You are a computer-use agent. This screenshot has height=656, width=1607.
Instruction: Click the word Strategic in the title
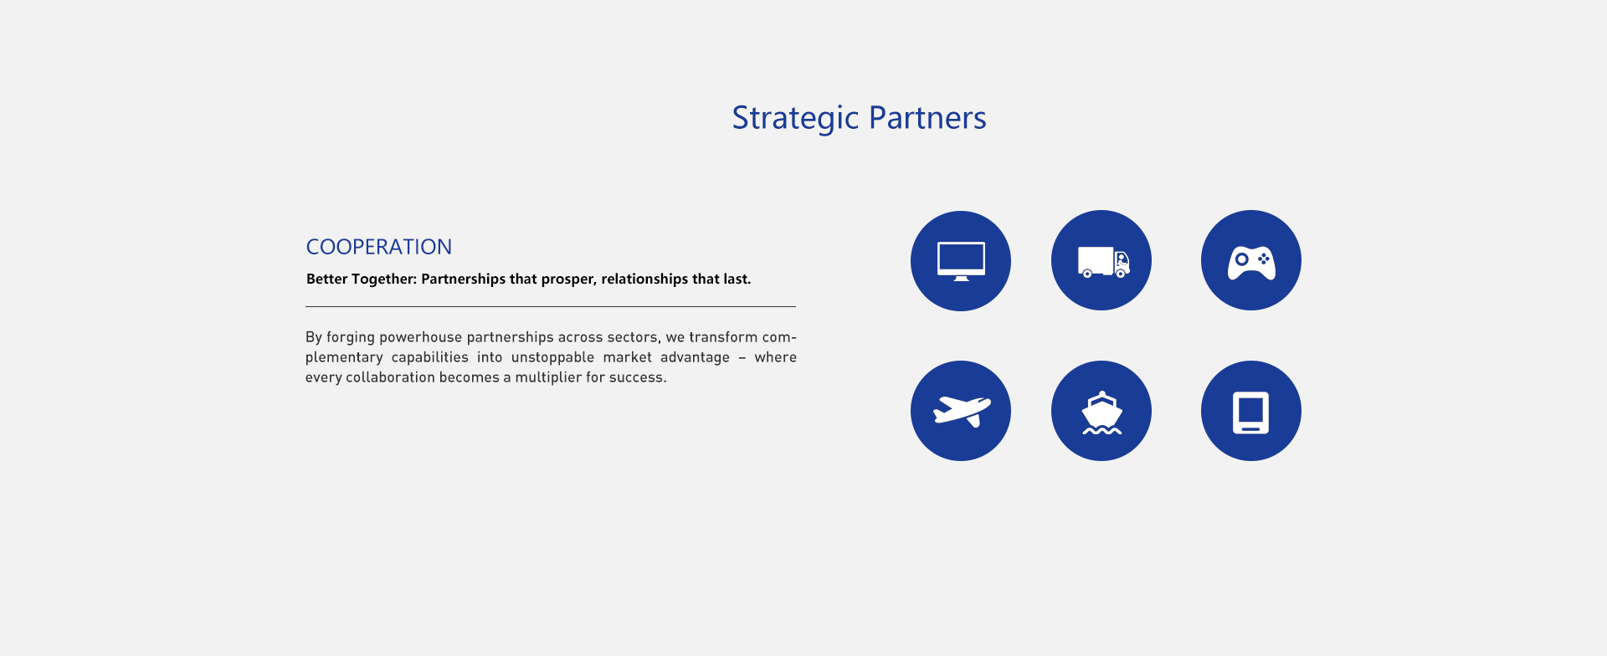tap(795, 118)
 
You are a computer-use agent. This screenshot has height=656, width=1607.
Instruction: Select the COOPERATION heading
tap(379, 247)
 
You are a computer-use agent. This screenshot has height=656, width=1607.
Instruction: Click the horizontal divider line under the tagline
tap(551, 307)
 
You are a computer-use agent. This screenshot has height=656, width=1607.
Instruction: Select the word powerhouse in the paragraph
tap(420, 337)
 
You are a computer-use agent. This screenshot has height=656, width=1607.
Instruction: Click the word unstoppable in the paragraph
tap(552, 357)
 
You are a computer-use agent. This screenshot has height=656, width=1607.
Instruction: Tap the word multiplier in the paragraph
tap(548, 377)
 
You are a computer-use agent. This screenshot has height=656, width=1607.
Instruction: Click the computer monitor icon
tap(961, 261)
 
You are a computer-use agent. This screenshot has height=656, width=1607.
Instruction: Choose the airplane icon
tap(962, 411)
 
